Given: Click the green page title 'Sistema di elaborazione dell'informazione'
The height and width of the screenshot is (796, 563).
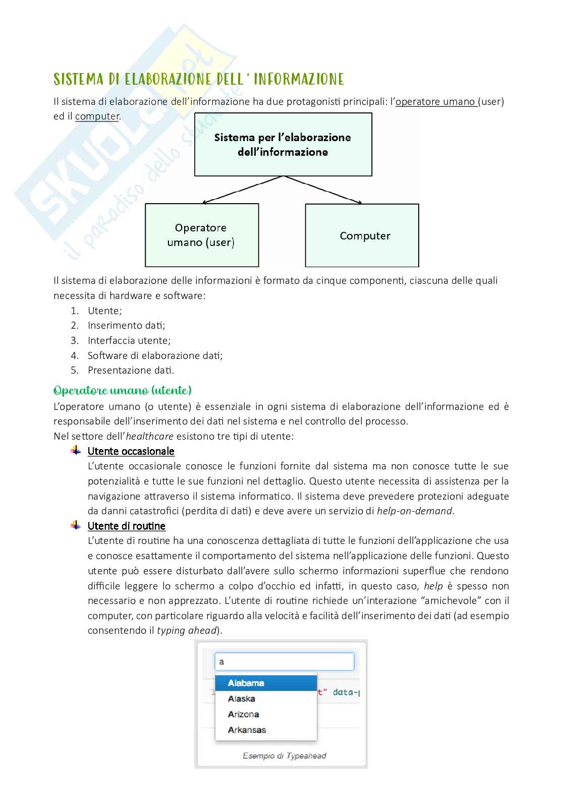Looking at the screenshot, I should click(x=199, y=79).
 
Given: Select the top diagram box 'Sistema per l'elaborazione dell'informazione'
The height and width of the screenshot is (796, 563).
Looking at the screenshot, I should click(x=283, y=145).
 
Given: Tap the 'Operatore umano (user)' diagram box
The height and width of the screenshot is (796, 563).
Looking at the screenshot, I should click(x=202, y=235).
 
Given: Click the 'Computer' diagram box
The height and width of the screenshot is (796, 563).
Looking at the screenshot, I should click(x=362, y=235).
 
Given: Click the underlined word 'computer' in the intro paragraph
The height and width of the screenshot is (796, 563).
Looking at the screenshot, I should click(x=97, y=116).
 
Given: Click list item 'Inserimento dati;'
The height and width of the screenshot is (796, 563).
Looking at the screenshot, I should click(x=126, y=326).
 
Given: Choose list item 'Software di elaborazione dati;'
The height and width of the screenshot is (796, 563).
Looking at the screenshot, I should click(x=155, y=355).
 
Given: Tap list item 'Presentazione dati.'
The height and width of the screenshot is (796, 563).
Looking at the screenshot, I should click(x=131, y=371).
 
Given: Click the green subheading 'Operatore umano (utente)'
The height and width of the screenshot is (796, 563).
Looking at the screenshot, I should click(x=123, y=391).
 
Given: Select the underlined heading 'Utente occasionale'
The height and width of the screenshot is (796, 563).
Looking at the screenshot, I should click(x=131, y=451).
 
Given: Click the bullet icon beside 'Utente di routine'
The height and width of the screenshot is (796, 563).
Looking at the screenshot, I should click(x=76, y=525).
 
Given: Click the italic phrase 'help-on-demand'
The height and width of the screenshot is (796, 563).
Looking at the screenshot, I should click(x=415, y=511).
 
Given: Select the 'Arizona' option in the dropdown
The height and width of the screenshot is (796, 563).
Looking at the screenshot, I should click(x=243, y=714).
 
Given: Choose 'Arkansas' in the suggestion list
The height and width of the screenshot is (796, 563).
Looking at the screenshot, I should click(x=246, y=730).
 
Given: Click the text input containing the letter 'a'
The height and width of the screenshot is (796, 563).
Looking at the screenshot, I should click(x=285, y=661).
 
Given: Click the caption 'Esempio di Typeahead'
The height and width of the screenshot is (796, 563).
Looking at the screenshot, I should click(x=284, y=756).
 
